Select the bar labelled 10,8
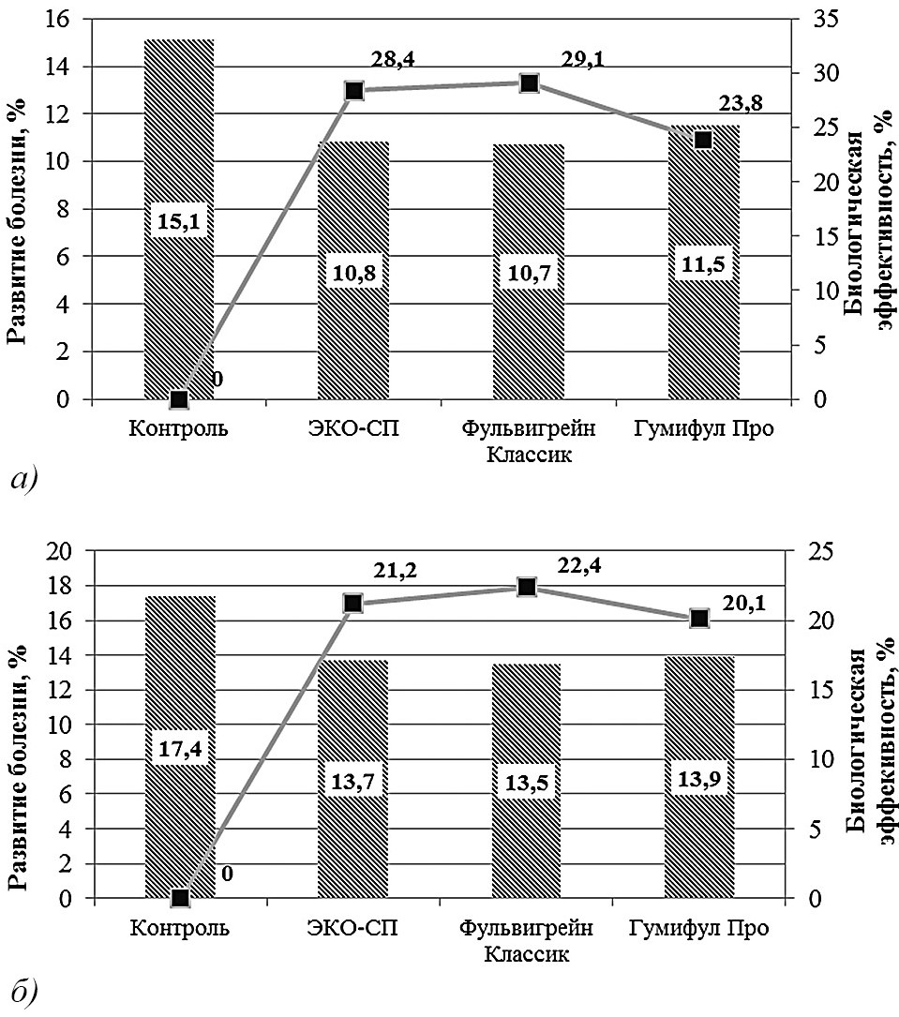coord(353,337)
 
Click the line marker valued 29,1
coord(529,83)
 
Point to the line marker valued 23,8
coord(703,140)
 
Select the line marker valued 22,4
coord(527,587)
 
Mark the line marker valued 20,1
coord(699,619)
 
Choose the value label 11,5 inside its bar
coord(703,265)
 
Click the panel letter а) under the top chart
coord(22,479)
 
